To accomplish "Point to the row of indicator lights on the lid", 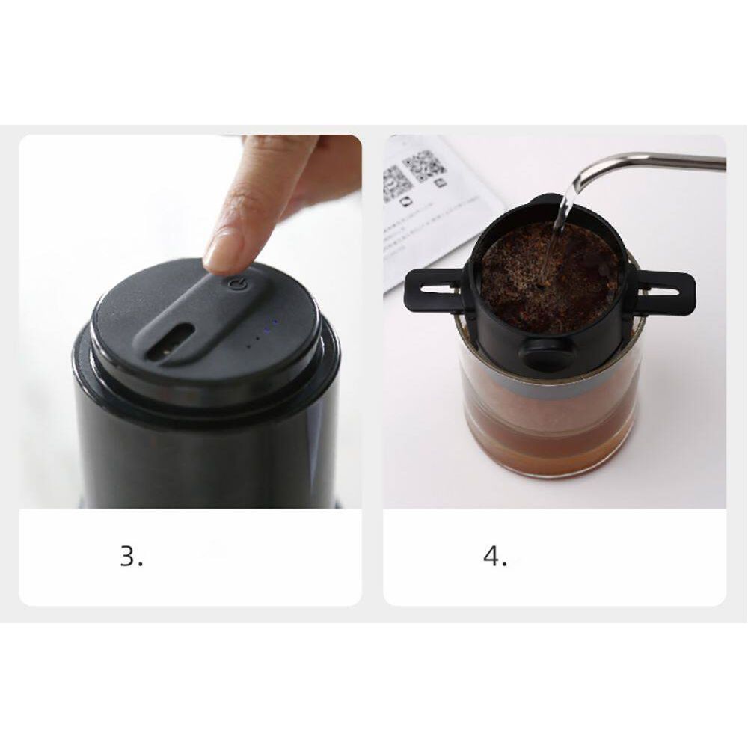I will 262,335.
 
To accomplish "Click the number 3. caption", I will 132,557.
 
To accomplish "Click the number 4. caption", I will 495,557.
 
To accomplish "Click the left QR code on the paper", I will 396,183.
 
